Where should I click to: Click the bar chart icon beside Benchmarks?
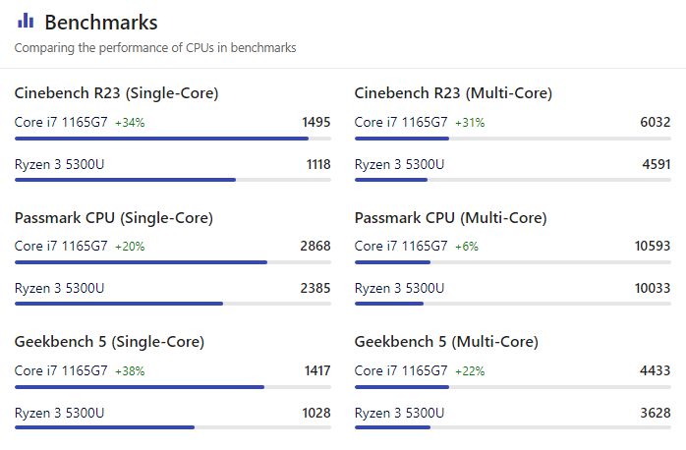point(26,22)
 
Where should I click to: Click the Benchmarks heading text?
point(101,22)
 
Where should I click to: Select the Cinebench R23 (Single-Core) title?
point(116,93)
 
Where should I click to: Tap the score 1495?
point(315,123)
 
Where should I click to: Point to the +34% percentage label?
point(130,123)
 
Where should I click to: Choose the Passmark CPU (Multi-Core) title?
point(450,217)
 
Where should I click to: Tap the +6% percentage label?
point(466,247)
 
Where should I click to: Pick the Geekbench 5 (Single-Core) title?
point(109,342)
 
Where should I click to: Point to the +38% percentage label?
point(130,371)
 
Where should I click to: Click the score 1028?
point(316,413)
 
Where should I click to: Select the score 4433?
point(656,371)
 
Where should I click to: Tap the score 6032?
point(656,123)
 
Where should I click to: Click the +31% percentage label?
point(470,123)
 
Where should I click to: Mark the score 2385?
point(315,288)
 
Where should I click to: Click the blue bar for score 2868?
point(141,262)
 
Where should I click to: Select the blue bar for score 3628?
point(392,427)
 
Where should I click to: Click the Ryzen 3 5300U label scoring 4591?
point(399,164)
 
